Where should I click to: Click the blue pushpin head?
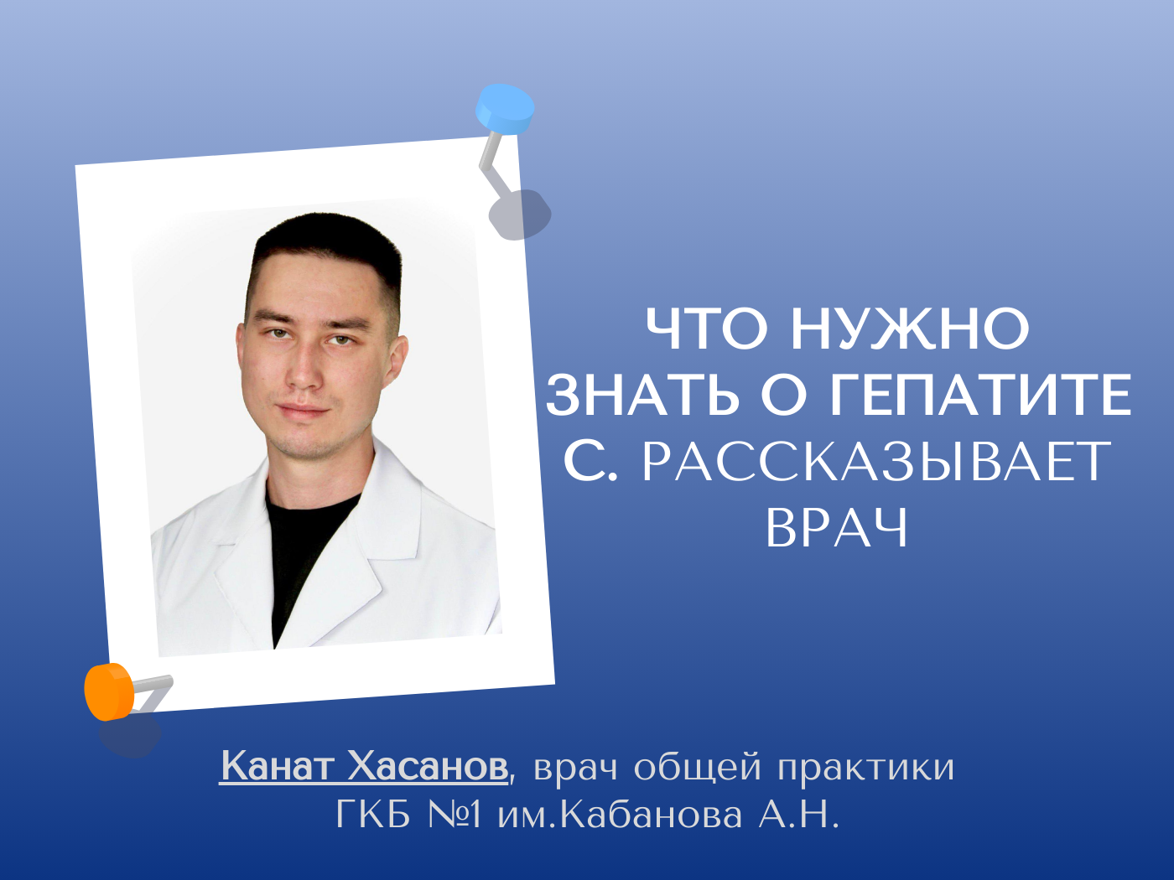click(x=505, y=108)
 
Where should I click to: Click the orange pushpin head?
click(x=109, y=692)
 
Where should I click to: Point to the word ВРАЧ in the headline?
click(x=837, y=528)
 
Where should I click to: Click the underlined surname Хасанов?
click(x=428, y=766)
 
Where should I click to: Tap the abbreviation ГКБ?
click(x=373, y=815)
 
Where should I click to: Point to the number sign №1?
click(x=455, y=815)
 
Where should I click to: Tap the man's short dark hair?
click(x=326, y=251)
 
